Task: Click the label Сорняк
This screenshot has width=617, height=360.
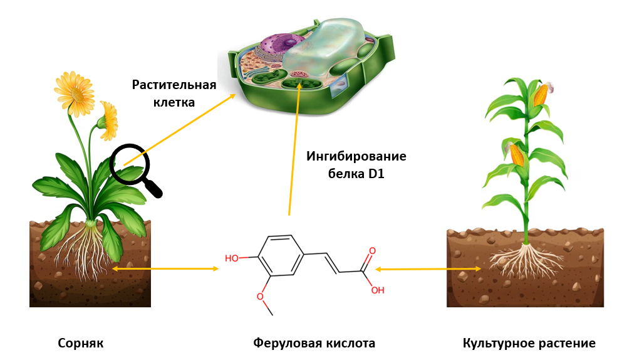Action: click(80, 344)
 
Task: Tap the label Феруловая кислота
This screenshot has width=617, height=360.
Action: click(314, 344)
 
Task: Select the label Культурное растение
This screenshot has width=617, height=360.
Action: click(529, 344)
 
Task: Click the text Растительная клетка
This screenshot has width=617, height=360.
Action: click(174, 92)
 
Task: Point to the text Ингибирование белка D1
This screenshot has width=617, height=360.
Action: click(356, 165)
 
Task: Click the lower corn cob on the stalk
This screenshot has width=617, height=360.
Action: click(517, 155)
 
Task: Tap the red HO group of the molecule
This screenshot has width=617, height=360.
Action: click(232, 258)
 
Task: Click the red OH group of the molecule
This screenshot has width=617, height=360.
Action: click(377, 290)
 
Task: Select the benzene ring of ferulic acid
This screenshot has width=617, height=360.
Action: click(279, 255)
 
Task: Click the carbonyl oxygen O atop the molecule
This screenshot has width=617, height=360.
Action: click(372, 251)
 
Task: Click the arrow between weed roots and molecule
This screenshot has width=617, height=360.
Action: click(165, 268)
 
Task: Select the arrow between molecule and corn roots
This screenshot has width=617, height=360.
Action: click(428, 269)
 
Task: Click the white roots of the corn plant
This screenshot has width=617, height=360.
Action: click(524, 261)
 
